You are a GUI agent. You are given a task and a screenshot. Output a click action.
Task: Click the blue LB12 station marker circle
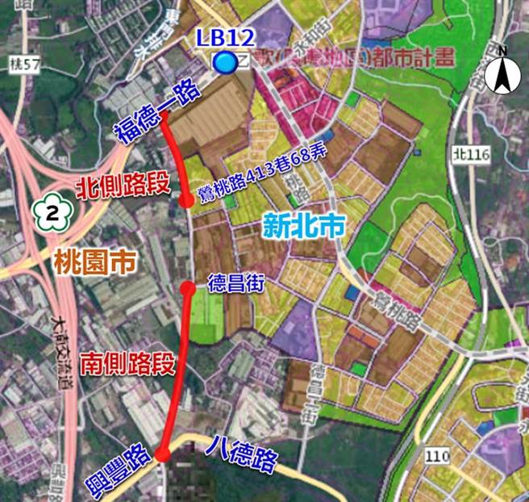225,62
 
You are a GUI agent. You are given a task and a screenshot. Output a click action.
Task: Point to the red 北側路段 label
123,186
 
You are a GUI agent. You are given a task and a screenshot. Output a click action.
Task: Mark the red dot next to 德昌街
187,287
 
